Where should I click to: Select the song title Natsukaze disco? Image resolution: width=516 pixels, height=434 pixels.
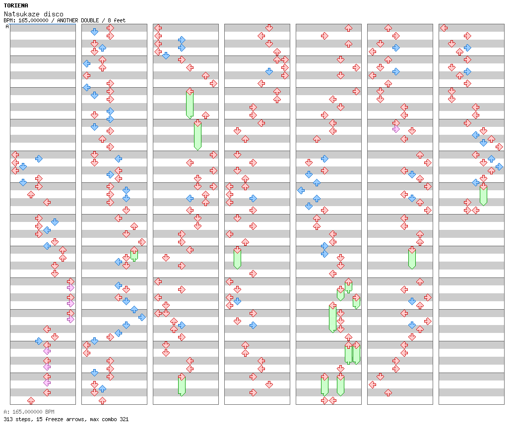[x=33, y=14]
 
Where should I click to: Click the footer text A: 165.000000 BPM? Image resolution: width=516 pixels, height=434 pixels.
[x=29, y=412]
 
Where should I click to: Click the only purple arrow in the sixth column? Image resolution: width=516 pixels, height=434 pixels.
[x=396, y=129]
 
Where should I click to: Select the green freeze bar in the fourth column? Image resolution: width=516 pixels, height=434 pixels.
[x=237, y=259]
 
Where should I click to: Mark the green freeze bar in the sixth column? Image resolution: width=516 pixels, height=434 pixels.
[x=412, y=259]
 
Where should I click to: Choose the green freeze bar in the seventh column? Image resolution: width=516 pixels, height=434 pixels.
[x=483, y=195]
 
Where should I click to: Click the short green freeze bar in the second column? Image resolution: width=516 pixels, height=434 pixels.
[x=134, y=255]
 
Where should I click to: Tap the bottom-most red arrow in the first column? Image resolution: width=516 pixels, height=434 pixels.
[x=31, y=400]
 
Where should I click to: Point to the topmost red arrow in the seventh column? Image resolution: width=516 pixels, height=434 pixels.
[x=444, y=28]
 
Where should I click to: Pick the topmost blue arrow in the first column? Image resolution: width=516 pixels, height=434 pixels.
[x=39, y=159]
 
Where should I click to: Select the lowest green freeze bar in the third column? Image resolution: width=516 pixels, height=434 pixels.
[x=182, y=385]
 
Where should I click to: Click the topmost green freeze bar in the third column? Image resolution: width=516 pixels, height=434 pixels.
[x=190, y=104]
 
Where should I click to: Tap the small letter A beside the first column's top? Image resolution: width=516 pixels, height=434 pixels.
[x=7, y=27]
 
